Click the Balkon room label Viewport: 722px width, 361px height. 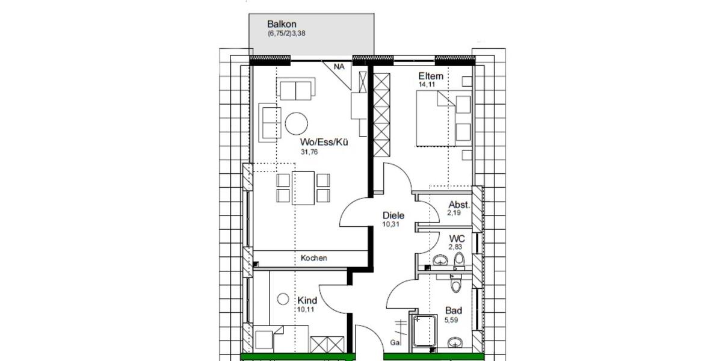[x=281, y=25]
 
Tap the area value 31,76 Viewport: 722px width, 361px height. [x=309, y=152]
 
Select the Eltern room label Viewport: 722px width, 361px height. [x=431, y=76]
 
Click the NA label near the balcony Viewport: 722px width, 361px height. [x=339, y=67]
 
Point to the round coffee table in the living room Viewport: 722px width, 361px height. [x=297, y=124]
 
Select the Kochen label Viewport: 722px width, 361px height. [x=314, y=258]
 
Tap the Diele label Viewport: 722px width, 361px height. [x=393, y=215]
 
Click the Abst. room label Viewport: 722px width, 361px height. [x=459, y=204]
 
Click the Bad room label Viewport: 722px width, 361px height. [x=453, y=310]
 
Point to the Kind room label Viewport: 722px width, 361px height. [x=307, y=300]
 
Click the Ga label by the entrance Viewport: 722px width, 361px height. [x=395, y=342]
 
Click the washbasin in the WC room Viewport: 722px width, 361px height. [x=440, y=260]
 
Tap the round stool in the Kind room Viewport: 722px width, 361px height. [x=283, y=297]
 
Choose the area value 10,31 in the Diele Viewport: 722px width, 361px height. [x=390, y=224]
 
